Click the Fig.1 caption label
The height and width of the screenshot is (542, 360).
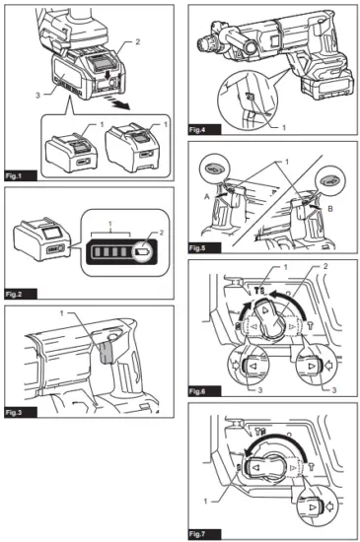click(20, 177)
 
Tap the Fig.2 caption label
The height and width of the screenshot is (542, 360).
click(20, 294)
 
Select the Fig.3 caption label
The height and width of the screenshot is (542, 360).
click(20, 411)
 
